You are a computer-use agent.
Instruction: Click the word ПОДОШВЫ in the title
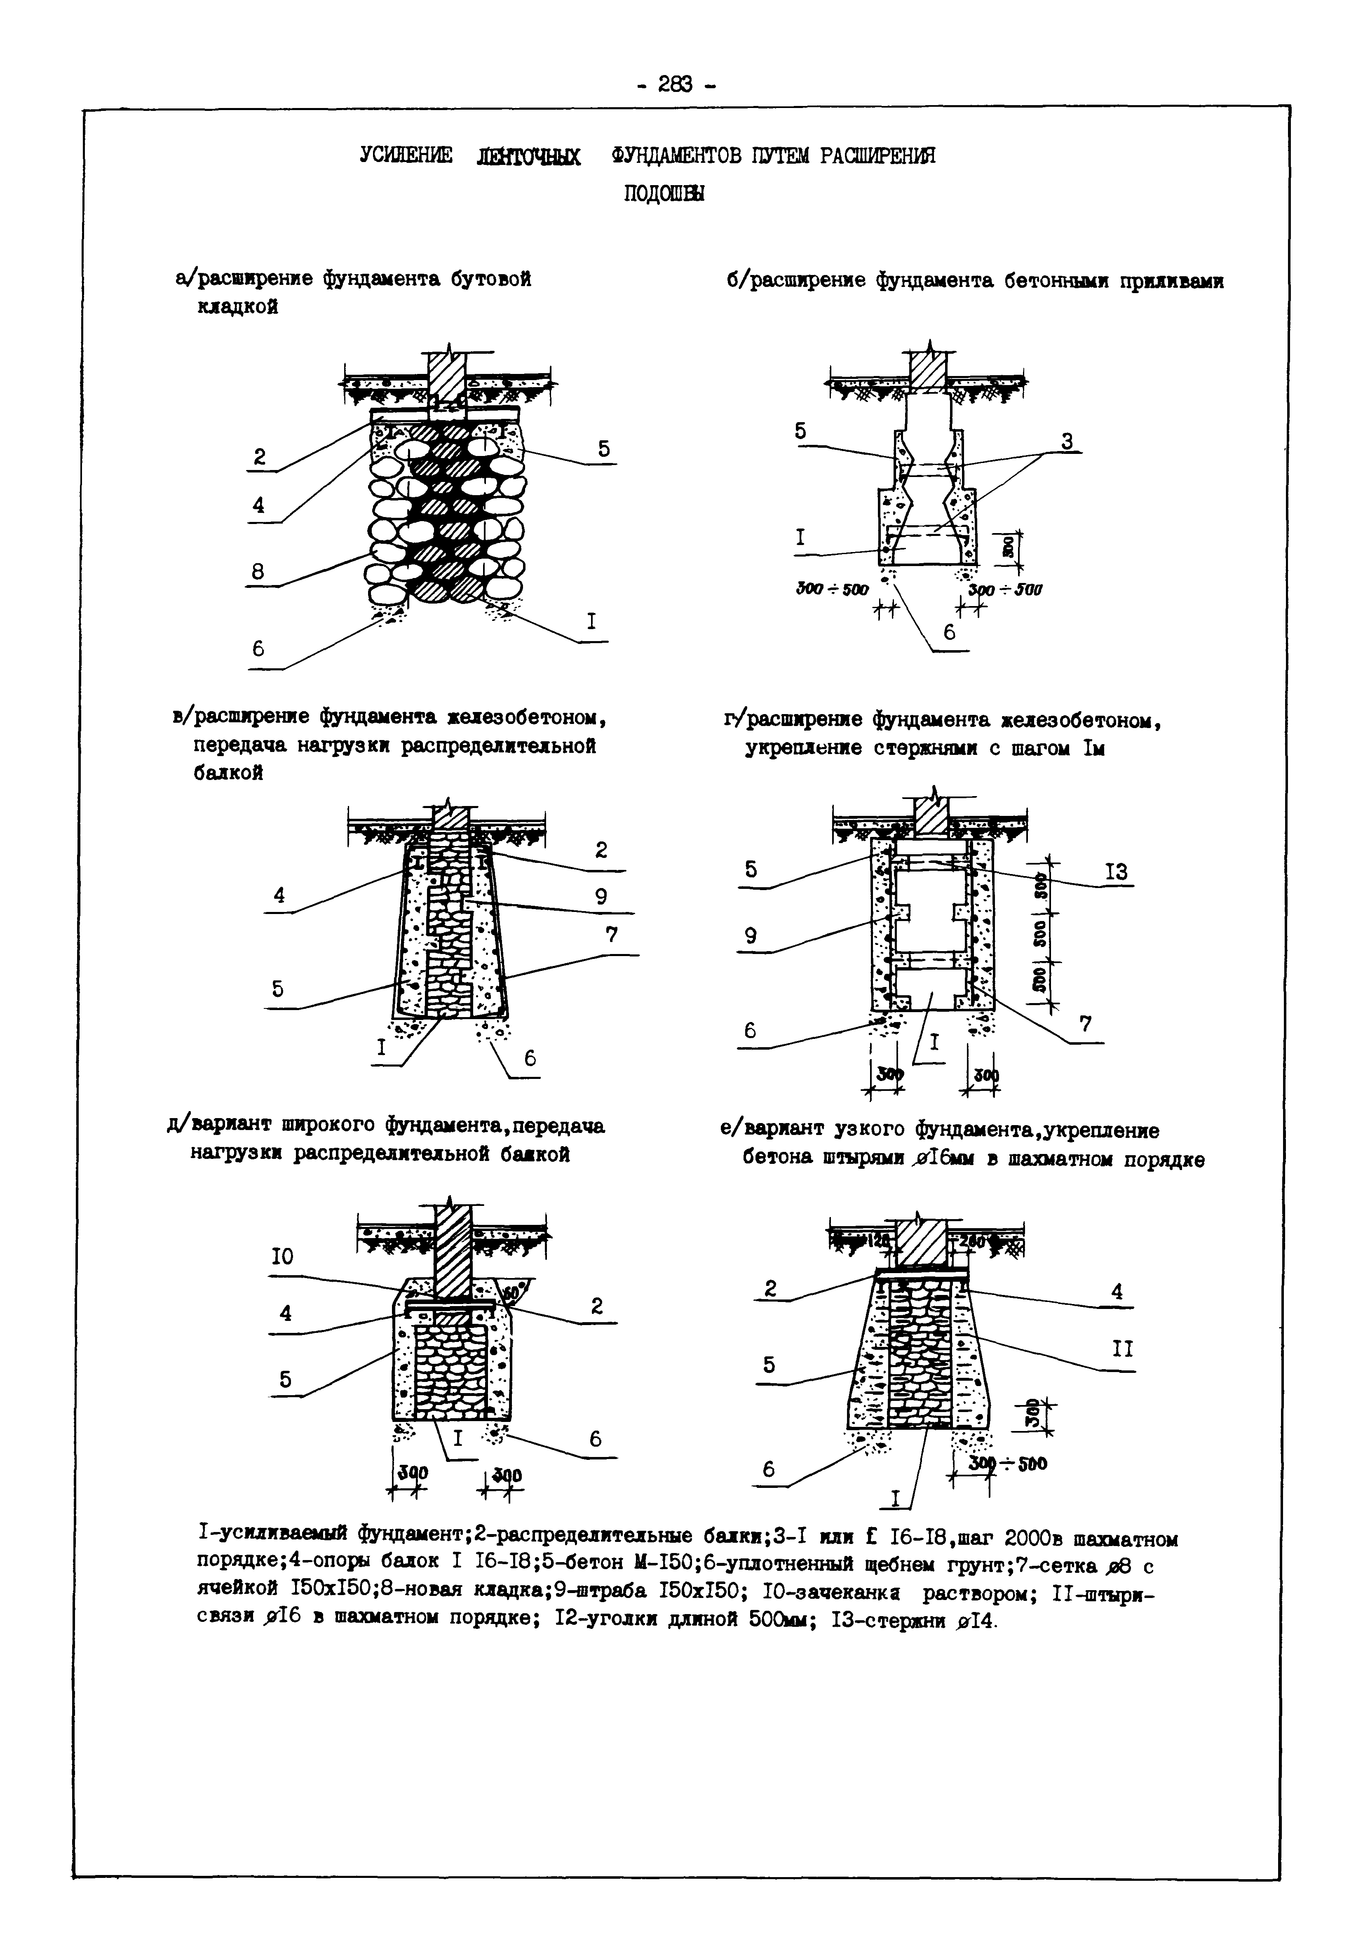(663, 193)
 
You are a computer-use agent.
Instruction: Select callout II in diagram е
(1122, 1348)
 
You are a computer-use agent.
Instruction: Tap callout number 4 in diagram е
(1116, 1291)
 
